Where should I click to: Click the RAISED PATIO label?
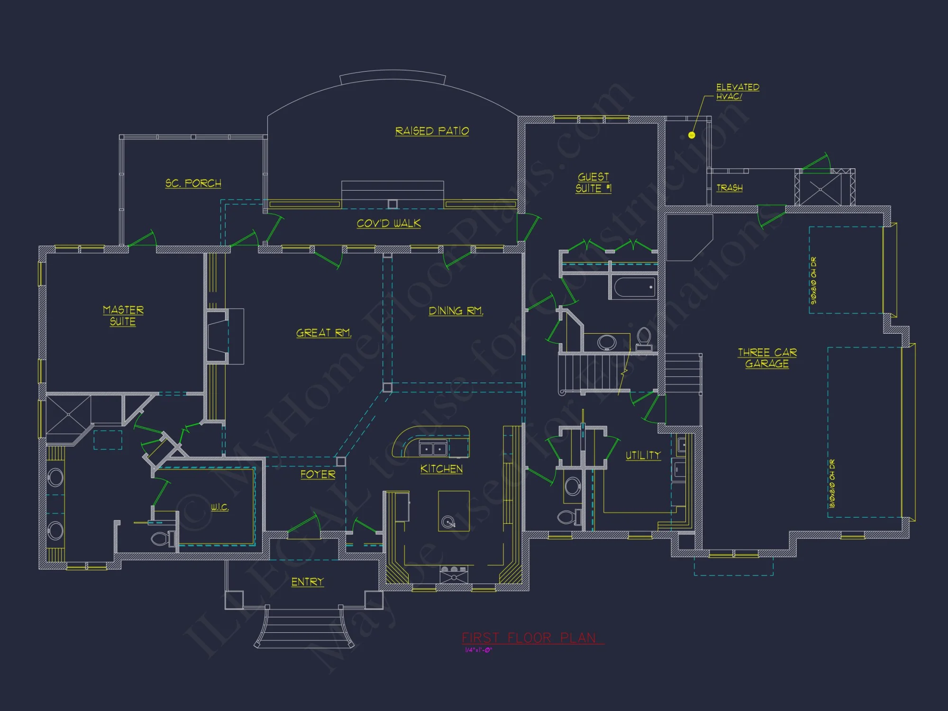432,131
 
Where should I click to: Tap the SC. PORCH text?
193,183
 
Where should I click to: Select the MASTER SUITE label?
123,316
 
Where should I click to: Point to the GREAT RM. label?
324,333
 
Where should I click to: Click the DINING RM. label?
456,311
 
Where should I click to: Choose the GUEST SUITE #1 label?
593,183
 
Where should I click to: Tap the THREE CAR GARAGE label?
767,358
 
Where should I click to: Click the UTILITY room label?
643,456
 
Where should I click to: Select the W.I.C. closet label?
219,508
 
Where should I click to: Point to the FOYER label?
318,474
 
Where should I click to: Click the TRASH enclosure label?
729,188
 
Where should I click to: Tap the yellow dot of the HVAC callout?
692,136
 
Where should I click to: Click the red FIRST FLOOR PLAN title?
529,638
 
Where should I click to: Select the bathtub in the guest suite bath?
634,288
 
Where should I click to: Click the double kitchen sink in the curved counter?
433,448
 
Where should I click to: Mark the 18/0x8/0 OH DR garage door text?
832,483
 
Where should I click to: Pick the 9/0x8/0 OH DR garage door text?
813,281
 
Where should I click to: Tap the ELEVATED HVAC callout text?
737,91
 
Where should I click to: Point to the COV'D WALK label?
388,224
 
